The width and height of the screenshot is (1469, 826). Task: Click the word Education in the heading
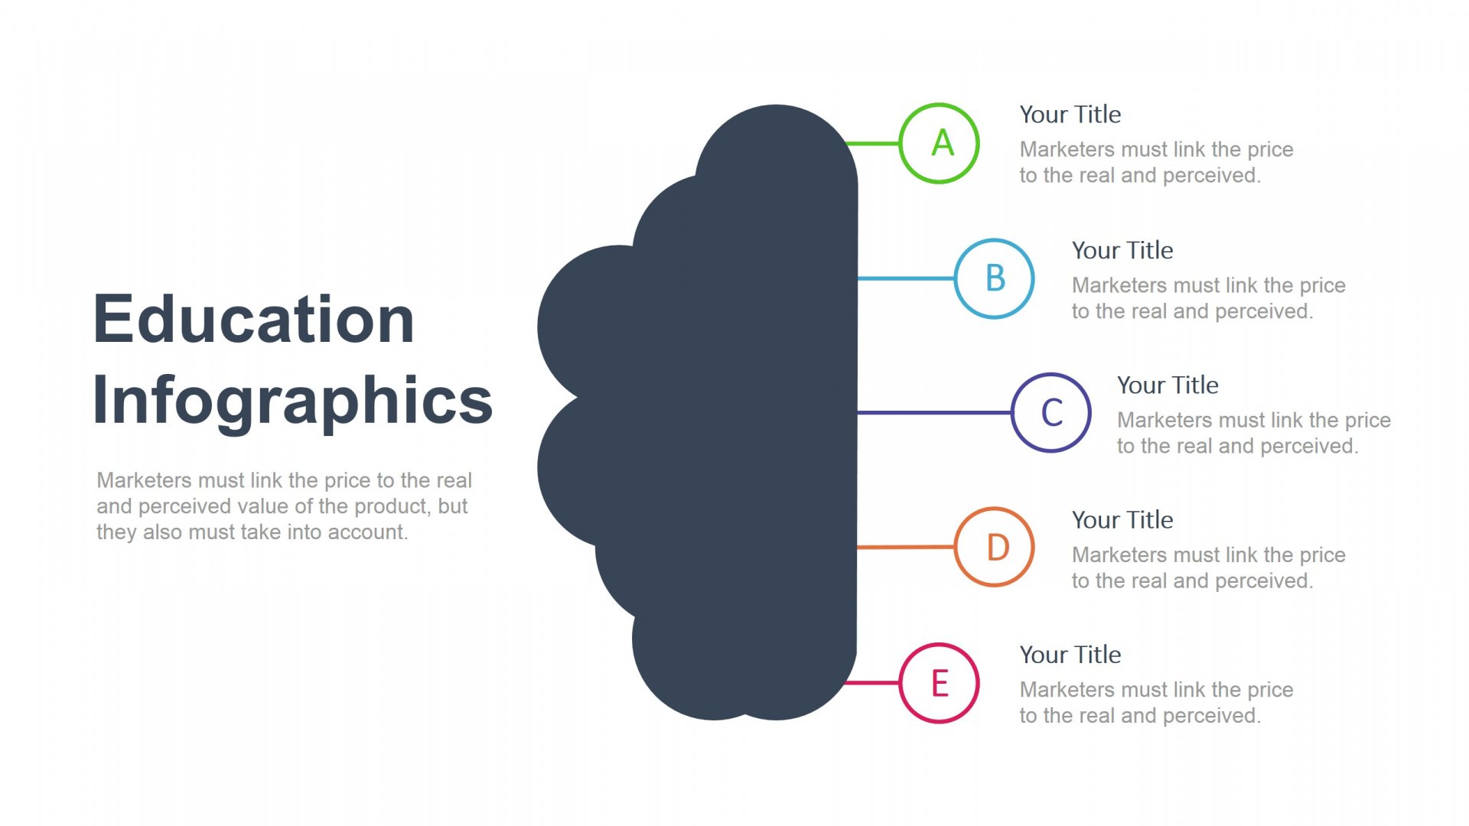253,319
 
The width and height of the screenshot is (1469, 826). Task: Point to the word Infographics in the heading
292,400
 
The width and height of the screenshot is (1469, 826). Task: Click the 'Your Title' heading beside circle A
1070,115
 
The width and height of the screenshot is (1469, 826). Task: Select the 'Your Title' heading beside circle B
1122,250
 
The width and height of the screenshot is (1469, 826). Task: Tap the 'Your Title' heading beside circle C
1168,385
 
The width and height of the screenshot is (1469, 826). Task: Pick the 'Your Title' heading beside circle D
1122,520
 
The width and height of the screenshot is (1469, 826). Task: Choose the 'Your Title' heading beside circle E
1070,655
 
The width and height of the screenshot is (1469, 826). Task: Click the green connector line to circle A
872,143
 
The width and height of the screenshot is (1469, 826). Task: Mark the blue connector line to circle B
906,278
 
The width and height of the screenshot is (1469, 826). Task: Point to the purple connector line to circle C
934,413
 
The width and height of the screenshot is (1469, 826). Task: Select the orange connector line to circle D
906,548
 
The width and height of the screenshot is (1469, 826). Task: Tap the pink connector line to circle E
872,682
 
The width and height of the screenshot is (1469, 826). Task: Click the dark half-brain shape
734,413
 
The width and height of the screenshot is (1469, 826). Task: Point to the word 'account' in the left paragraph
367,532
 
